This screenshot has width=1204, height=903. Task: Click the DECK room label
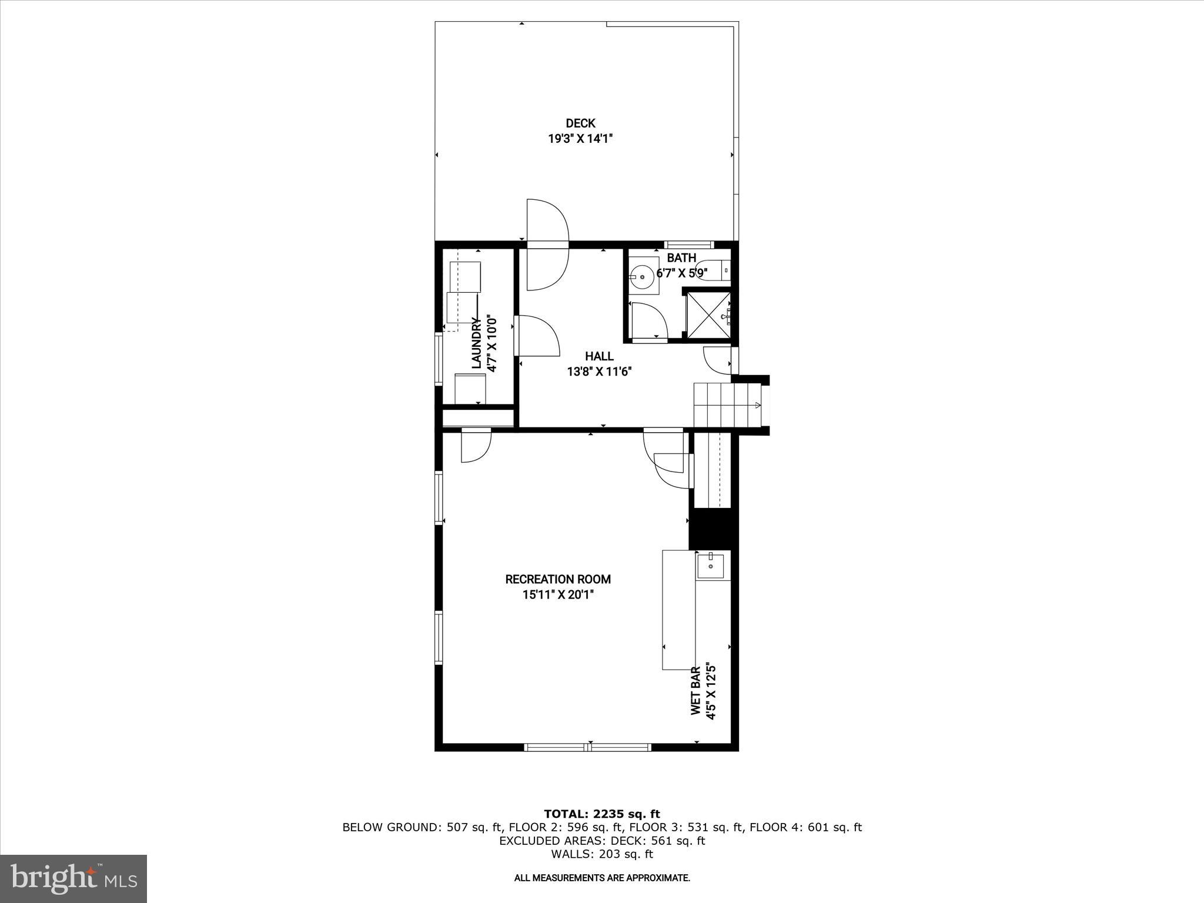click(580, 123)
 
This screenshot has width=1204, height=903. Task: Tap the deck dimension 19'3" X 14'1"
click(580, 139)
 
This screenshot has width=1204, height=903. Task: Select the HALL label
click(599, 356)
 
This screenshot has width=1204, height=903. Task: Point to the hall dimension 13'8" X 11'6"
click(599, 372)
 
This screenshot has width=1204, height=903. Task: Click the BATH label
click(681, 258)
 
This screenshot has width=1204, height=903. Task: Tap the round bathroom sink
click(642, 276)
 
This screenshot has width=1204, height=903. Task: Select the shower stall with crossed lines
click(708, 316)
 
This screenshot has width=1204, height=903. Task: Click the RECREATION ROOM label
click(558, 580)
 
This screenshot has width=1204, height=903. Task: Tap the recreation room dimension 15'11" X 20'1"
click(558, 595)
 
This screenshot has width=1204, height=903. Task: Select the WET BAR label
click(696, 691)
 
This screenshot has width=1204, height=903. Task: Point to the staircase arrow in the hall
click(757, 404)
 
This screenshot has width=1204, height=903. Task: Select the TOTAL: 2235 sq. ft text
click(601, 814)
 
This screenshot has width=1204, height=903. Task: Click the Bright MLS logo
click(73, 879)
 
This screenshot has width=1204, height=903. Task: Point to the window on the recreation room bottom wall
click(587, 747)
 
